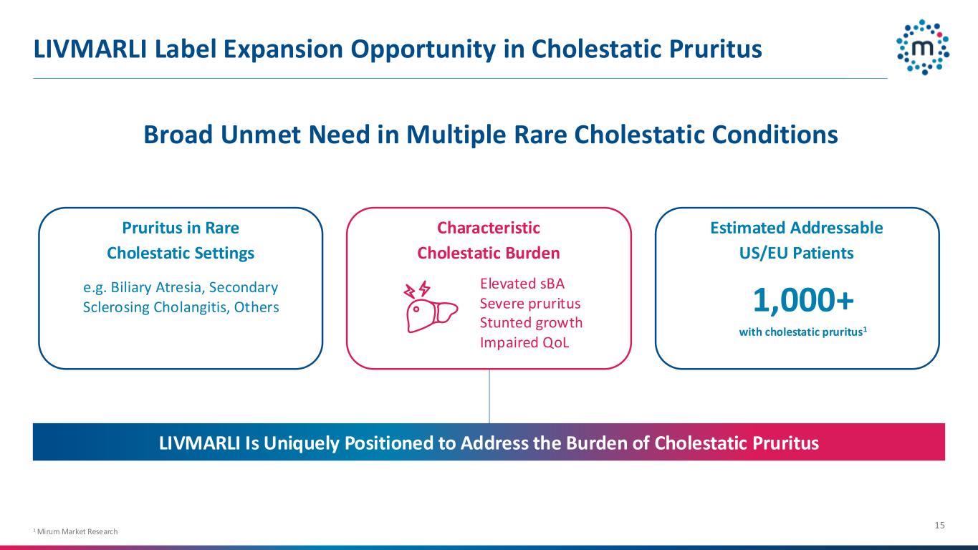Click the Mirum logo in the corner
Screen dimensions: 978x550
923,47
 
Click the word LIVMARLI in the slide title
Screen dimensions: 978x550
90,49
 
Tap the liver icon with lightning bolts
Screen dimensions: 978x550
431,307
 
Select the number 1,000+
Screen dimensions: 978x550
803,300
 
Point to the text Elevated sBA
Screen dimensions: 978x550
522,284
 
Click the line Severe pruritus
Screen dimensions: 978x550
530,304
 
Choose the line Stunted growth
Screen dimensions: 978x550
531,322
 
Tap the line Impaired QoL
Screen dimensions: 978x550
524,342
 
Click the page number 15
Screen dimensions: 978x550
939,525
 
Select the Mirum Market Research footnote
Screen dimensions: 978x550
75,531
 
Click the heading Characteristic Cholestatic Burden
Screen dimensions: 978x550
489,241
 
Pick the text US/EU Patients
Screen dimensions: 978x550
797,254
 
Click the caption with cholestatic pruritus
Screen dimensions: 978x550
802,332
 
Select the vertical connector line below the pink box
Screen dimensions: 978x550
489,396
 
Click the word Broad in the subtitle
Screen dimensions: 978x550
178,135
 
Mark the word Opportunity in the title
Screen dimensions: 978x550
423,49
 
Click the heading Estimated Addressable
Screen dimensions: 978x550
797,228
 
